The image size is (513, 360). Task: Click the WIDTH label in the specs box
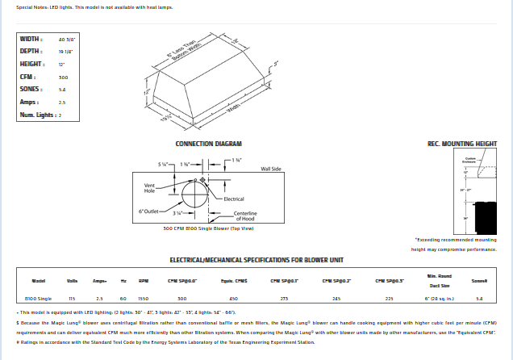31,39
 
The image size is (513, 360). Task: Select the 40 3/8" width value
66,39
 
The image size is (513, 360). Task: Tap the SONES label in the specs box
31,90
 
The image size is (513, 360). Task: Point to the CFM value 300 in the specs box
63,77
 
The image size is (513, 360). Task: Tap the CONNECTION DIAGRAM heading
208,144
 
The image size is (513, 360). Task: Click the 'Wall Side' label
270,170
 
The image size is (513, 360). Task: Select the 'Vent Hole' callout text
149,188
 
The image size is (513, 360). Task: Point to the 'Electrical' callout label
234,199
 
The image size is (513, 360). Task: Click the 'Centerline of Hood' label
244,216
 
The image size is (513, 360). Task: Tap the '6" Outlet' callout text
149,211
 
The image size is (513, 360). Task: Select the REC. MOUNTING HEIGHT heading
461,144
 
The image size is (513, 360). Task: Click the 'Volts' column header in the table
71,281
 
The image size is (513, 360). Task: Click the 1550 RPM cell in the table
143,299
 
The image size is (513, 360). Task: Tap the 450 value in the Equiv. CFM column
233,299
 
